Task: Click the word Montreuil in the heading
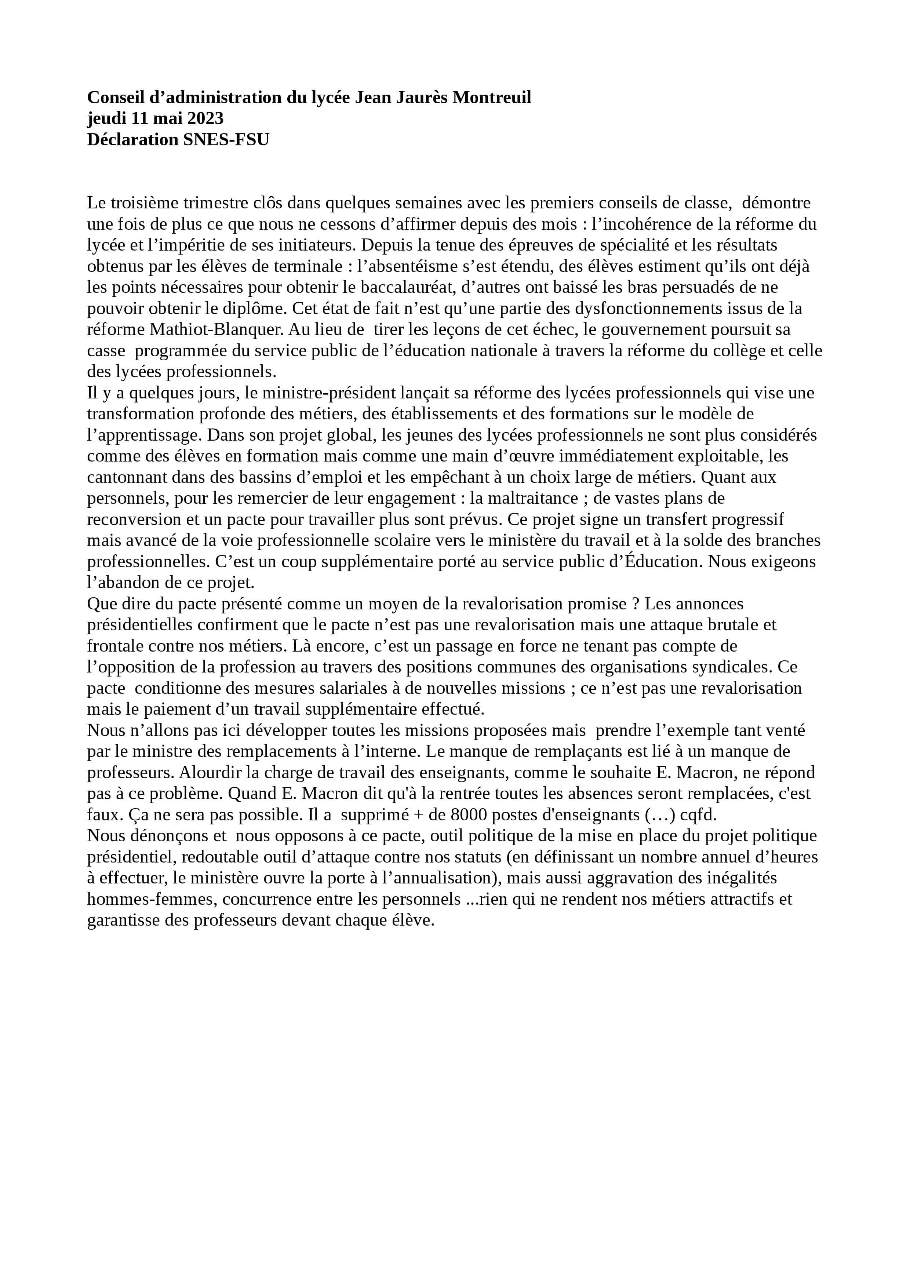click(x=492, y=98)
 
